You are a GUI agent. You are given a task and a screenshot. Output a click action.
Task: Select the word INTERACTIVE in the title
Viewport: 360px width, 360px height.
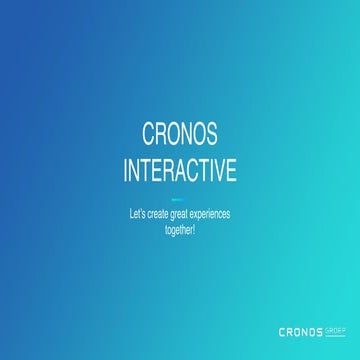tap(180, 170)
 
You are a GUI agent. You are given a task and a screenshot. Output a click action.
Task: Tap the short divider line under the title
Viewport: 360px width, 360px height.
tap(180, 198)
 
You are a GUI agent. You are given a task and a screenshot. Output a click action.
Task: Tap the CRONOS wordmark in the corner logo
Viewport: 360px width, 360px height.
tap(300, 331)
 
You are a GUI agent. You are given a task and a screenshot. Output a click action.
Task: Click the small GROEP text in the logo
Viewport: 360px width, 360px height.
tap(333, 328)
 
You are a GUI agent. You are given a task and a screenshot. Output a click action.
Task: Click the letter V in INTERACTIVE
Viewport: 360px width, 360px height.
tap(219, 170)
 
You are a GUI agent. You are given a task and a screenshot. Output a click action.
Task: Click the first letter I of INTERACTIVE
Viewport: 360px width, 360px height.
tap(126, 170)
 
